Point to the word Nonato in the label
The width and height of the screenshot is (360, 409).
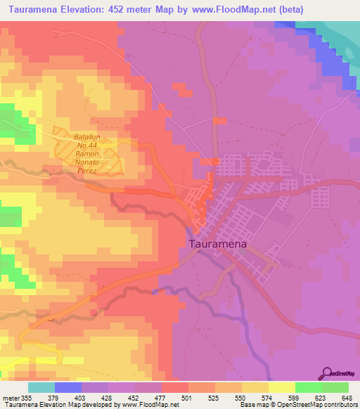[89, 161]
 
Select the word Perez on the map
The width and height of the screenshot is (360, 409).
[89, 170]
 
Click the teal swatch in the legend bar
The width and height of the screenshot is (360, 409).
[41, 387]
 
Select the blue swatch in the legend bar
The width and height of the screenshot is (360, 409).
[68, 387]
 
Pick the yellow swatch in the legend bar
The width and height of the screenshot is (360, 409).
[282, 387]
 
